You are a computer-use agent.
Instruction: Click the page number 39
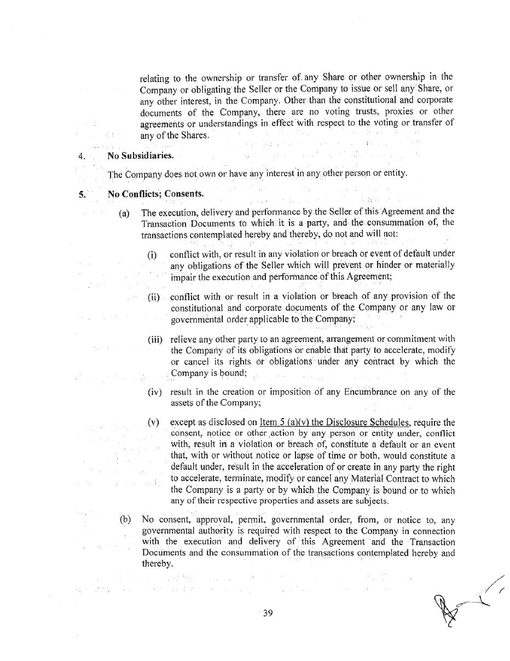(x=268, y=613)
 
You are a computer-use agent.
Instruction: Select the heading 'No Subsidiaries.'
(x=141, y=155)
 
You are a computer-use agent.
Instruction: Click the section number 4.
(x=82, y=156)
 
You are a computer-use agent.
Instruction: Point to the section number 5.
(x=82, y=194)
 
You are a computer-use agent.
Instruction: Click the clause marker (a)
(x=125, y=213)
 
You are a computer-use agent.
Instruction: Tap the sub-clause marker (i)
(x=152, y=255)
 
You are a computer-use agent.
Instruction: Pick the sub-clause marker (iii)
(x=155, y=340)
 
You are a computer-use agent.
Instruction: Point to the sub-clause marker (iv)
(x=154, y=392)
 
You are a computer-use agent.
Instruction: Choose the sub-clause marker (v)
(x=153, y=422)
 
